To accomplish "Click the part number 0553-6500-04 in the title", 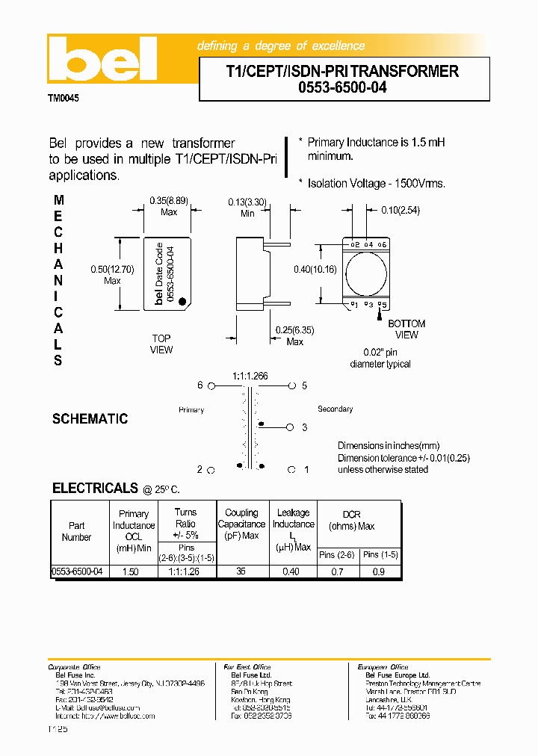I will click(x=344, y=87).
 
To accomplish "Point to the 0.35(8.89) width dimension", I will click(x=169, y=200).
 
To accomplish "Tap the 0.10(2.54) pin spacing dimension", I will click(x=401, y=211).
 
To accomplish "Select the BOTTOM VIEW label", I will click(x=406, y=329).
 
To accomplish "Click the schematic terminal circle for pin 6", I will click(x=211, y=386).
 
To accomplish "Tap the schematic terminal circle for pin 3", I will click(x=291, y=427).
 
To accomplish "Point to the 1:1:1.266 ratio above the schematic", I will click(x=250, y=376).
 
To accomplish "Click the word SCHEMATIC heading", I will click(x=90, y=419).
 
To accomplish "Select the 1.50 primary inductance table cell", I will click(x=129, y=571).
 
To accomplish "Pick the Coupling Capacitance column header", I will click(x=241, y=524).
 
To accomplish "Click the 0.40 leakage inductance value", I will click(x=291, y=571).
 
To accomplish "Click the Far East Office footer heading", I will click(x=247, y=667).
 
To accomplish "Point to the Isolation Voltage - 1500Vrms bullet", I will click(x=376, y=184).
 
